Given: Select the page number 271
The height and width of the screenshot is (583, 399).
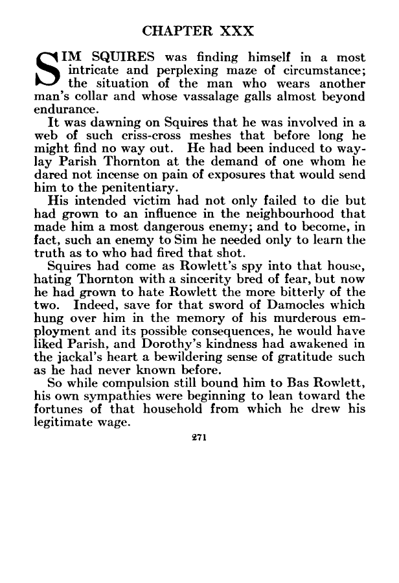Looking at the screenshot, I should click(x=199, y=439).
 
